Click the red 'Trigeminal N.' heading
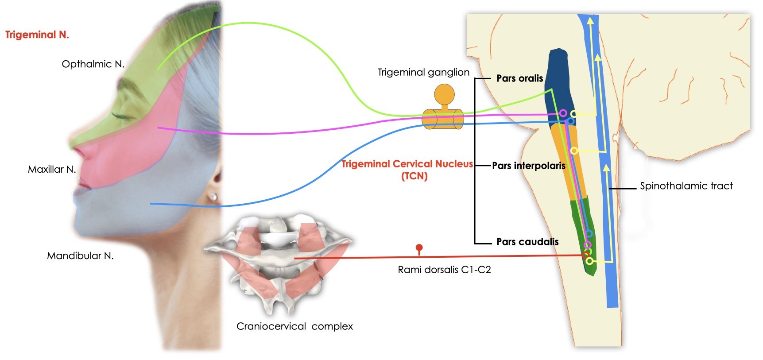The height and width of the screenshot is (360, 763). click(37, 35)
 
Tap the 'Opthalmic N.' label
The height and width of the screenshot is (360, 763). click(93, 64)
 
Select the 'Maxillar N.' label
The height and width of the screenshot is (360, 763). click(52, 169)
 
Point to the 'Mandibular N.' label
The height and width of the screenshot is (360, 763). click(80, 255)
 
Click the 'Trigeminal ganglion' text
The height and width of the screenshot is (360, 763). click(423, 72)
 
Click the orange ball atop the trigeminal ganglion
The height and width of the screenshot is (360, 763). click(444, 94)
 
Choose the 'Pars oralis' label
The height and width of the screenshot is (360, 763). click(519, 78)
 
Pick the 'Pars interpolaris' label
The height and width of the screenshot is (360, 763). click(528, 166)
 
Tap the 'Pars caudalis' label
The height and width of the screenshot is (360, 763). click(527, 242)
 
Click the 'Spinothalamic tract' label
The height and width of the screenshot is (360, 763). click(686, 186)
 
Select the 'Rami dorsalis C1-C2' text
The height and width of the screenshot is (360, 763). click(444, 270)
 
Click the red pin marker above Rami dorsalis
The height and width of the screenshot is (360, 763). click(419, 248)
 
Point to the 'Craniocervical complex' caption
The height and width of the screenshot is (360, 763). click(294, 326)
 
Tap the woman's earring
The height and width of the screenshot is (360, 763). click(214, 196)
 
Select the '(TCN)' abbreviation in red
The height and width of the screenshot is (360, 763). click(414, 176)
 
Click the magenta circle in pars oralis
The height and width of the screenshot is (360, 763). click(563, 113)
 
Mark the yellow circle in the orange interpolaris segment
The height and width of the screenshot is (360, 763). click(574, 151)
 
